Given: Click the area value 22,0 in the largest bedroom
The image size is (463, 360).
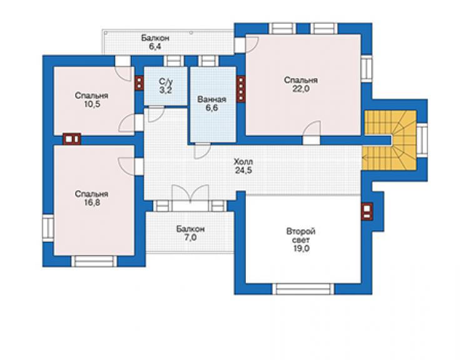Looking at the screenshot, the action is click(301, 89).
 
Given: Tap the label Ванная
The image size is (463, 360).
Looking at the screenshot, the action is click(212, 100).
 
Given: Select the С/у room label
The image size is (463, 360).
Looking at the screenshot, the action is click(165, 81).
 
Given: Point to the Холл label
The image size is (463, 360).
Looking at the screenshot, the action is click(243, 162).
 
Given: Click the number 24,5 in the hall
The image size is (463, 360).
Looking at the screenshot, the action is click(243, 170).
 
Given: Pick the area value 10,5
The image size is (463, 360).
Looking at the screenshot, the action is click(92, 104).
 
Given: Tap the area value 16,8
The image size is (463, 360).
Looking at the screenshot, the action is click(91, 202).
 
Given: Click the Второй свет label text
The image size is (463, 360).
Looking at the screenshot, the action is click(301, 235).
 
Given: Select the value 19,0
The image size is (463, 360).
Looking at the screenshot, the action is click(301, 249).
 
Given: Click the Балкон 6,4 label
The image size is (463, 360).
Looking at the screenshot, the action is click(155, 43).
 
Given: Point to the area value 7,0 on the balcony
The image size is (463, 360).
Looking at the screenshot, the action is click(190, 237).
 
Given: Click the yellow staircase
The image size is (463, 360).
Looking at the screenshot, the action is click(389, 140).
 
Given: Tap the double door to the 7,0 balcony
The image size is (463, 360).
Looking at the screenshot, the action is click(190, 197).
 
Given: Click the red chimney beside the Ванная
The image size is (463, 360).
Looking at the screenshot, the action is click(241, 89).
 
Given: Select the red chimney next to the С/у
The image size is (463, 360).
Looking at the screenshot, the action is click(139, 83).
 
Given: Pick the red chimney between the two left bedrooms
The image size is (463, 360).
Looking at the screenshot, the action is click(72, 139).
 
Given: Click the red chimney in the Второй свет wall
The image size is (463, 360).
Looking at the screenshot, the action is click(367, 212).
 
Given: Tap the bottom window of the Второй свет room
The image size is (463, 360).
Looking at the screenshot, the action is click(303, 289).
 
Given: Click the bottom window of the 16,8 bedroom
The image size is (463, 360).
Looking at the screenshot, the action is click(94, 261).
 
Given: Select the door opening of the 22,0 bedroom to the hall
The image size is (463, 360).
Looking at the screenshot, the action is click(311, 140).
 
